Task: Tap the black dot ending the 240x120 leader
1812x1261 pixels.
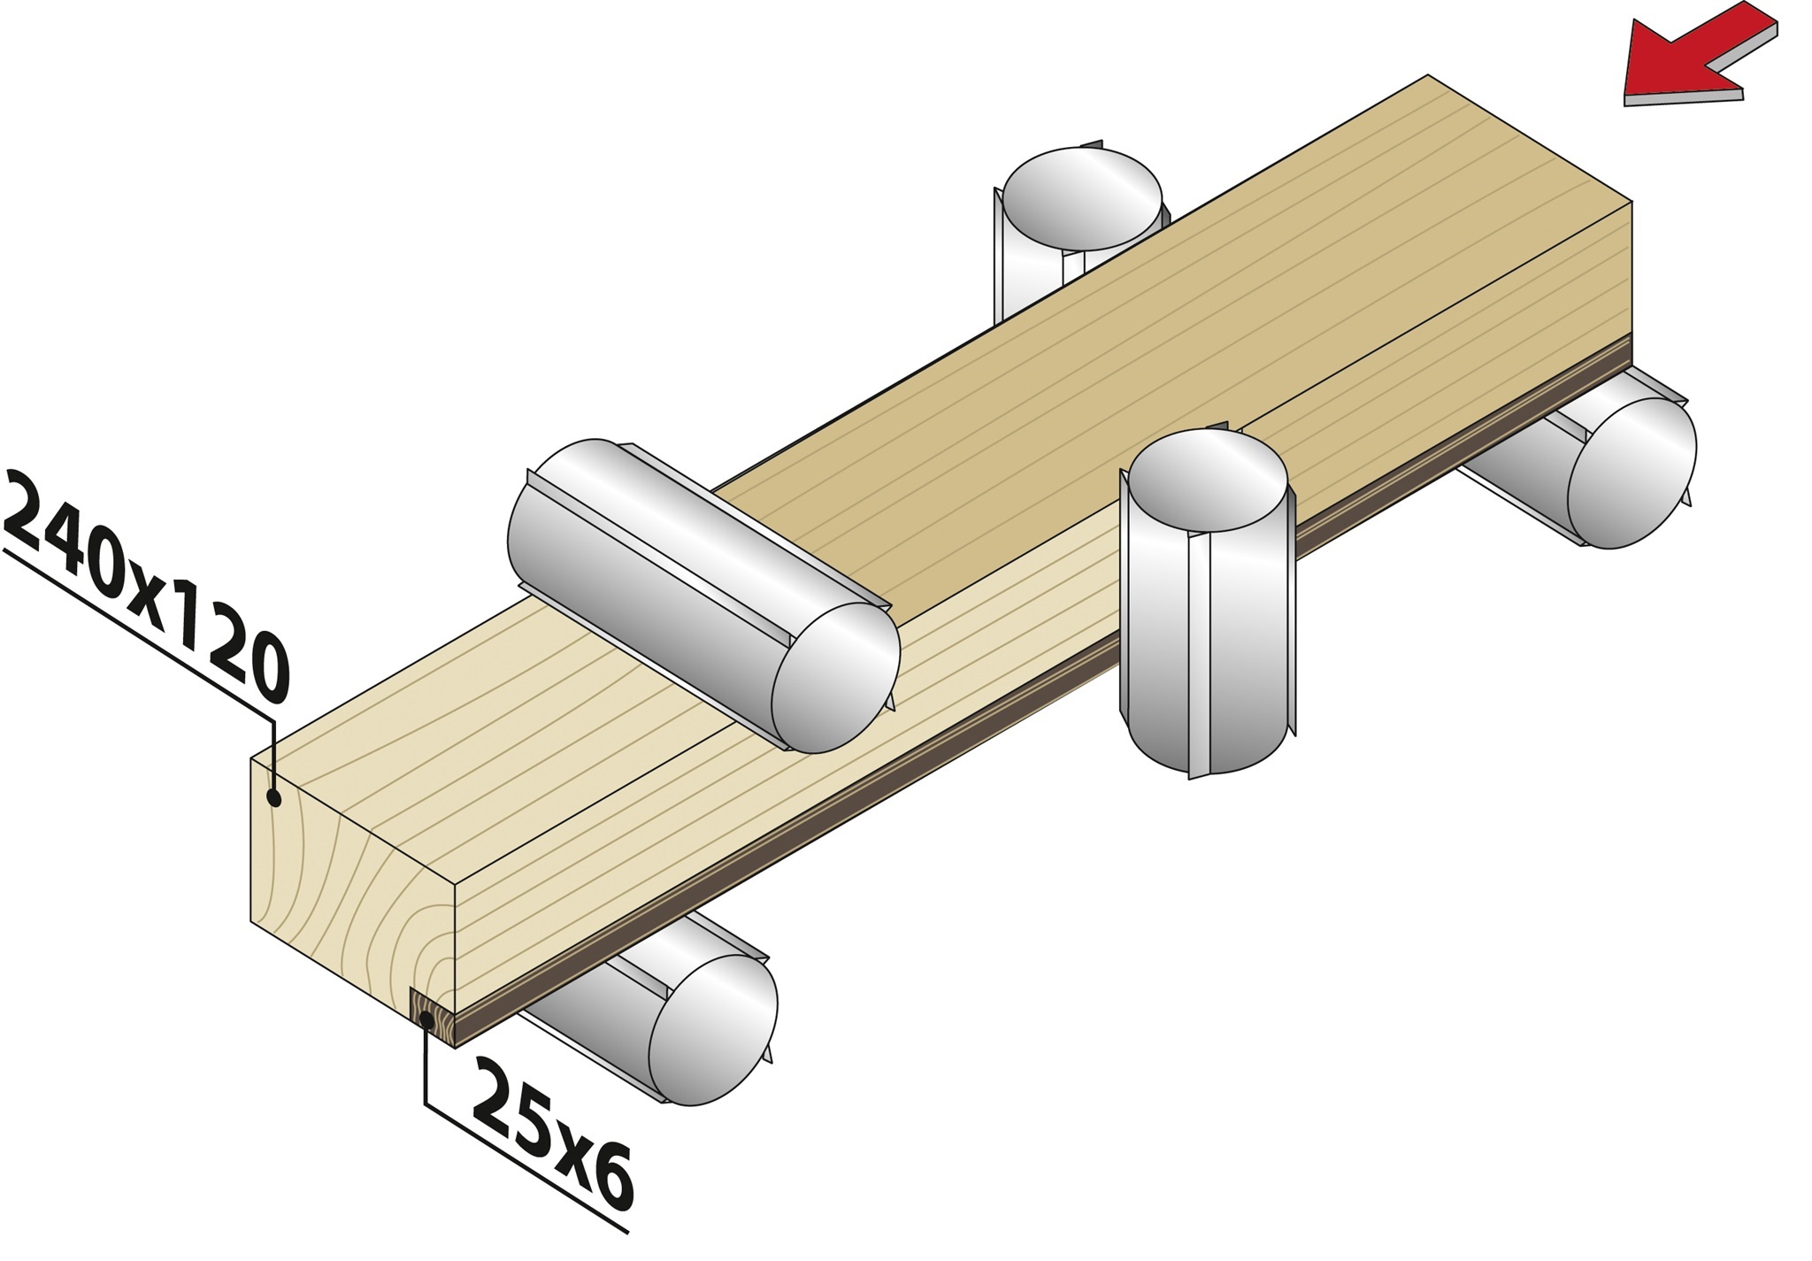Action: click(x=274, y=798)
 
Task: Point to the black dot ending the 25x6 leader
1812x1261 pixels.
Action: click(x=426, y=1020)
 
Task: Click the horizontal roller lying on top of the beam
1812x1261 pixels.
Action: click(x=703, y=595)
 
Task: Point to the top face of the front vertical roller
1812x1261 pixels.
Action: click(x=1208, y=484)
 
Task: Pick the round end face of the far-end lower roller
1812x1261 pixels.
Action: click(x=1632, y=473)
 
